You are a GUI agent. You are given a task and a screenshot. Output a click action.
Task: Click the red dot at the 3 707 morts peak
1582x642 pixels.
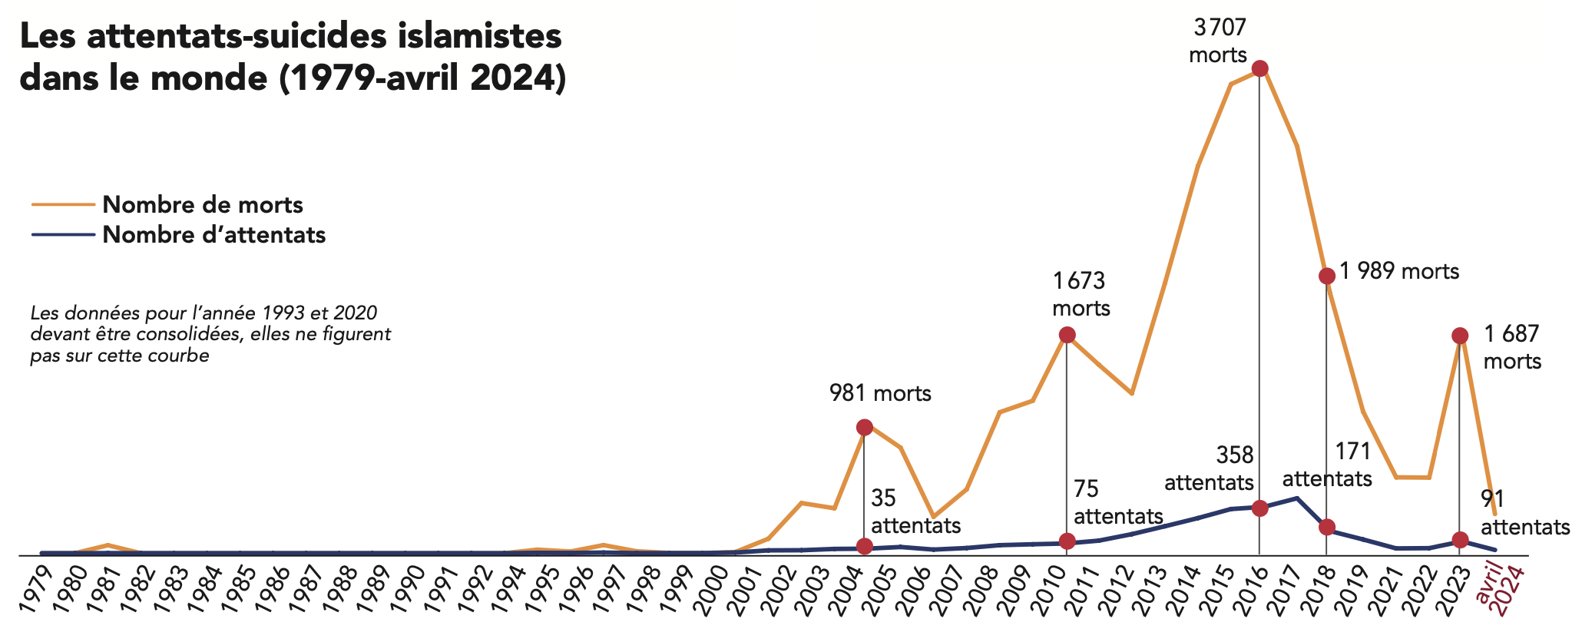click(1259, 69)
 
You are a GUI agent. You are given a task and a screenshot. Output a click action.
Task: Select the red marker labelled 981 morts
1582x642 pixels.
click(864, 427)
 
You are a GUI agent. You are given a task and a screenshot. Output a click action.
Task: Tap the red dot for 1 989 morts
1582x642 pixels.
click(1326, 276)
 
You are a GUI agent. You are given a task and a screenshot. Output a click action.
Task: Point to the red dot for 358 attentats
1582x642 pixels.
click(1259, 508)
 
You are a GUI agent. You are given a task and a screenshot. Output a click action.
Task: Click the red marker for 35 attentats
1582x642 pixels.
click(864, 546)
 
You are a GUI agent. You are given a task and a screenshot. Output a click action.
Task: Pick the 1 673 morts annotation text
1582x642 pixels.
click(1081, 294)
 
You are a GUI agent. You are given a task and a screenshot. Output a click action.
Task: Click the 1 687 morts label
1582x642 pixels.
click(1511, 347)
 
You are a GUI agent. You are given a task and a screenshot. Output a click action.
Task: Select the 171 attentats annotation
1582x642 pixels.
click(1328, 465)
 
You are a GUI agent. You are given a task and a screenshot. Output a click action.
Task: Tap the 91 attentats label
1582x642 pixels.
click(1524, 513)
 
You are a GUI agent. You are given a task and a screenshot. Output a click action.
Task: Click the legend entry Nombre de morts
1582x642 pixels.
click(202, 205)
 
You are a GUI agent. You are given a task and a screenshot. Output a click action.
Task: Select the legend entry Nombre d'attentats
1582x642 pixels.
click(213, 235)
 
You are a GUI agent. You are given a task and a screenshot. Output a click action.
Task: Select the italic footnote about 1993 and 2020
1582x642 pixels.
click(210, 335)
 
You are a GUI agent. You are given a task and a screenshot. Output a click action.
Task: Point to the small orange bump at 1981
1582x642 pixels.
click(108, 545)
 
